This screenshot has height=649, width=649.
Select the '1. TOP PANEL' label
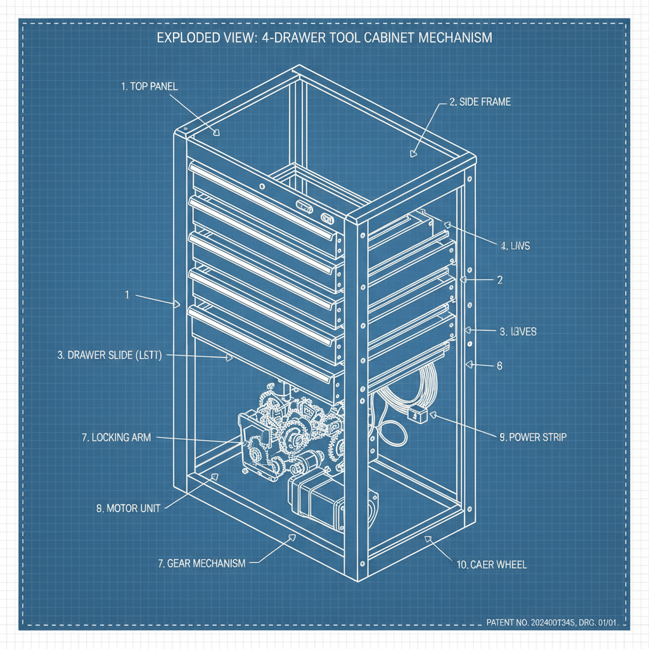tap(149, 87)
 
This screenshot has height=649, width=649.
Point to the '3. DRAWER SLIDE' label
tap(110, 356)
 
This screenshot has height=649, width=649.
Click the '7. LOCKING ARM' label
tap(117, 437)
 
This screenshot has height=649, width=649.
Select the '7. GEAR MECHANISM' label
tap(201, 563)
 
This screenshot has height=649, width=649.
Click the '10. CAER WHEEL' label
tap(491, 564)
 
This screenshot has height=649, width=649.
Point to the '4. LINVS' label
tap(515, 245)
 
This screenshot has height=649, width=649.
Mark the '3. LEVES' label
tap(518, 331)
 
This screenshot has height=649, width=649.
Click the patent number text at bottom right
tap(551, 622)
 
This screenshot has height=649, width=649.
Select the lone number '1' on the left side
tap(127, 295)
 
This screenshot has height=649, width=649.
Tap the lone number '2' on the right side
tap(499, 279)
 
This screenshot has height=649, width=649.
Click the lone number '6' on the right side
tap(499, 365)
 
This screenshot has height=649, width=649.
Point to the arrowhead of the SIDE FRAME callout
tap(414, 152)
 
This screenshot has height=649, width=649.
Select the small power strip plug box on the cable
tap(417, 416)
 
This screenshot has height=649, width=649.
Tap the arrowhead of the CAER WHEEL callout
tap(428, 539)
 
